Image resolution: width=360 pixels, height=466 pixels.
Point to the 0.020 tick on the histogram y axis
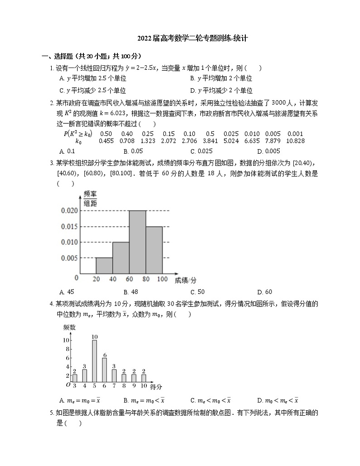click(x=70, y=210)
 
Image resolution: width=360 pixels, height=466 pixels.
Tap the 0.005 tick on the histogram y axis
click(x=70, y=258)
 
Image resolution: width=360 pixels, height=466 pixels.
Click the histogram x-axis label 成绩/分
click(x=185, y=280)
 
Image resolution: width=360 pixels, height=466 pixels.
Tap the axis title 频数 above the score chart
click(x=69, y=327)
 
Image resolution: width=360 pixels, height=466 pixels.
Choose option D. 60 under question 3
click(x=264, y=292)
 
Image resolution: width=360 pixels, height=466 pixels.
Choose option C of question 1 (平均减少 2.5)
click(x=93, y=90)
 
